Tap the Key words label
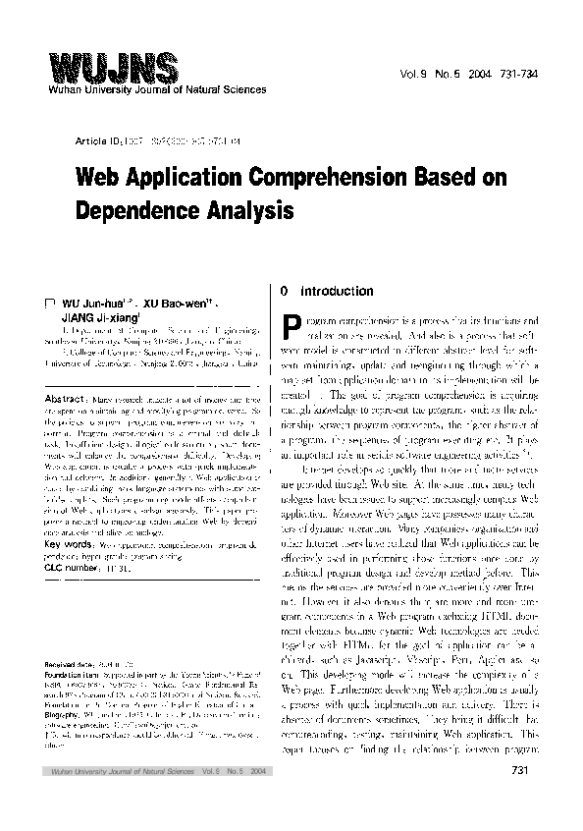pyautogui.click(x=70, y=541)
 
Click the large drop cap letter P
pyautogui.click(x=290, y=328)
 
